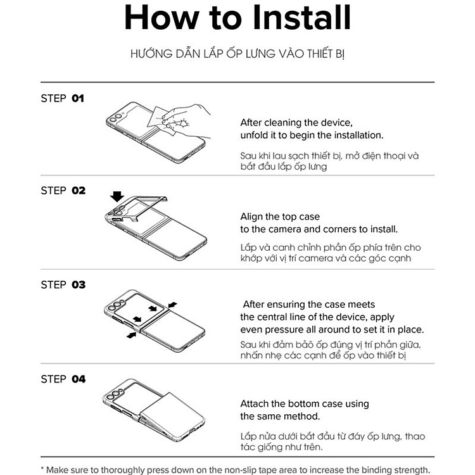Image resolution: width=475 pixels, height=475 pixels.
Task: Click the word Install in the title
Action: [x=301, y=17]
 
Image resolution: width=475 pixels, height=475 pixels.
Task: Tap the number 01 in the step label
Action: [x=78, y=98]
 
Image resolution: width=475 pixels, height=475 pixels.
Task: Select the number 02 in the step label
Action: [x=79, y=191]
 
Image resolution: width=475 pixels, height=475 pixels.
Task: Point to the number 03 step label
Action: [x=79, y=285]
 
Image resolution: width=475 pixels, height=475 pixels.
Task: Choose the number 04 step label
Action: [x=79, y=379]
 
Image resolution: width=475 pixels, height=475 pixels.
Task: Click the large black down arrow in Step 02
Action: [x=117, y=196]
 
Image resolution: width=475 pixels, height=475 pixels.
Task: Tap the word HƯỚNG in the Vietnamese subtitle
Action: [x=147, y=54]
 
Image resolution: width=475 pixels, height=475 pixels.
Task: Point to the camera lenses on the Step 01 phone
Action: [x=116, y=118]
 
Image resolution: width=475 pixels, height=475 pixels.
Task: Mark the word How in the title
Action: [x=162, y=17]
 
